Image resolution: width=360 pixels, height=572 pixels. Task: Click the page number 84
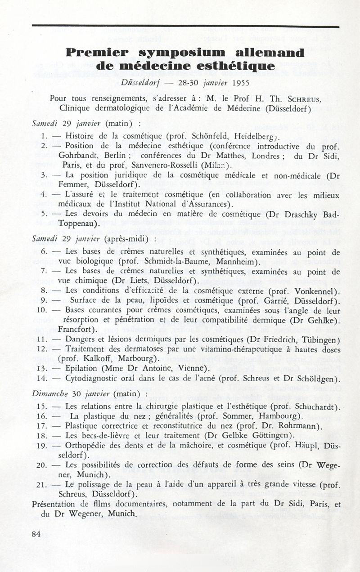click(37, 534)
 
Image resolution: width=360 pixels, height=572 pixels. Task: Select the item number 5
click(44, 214)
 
